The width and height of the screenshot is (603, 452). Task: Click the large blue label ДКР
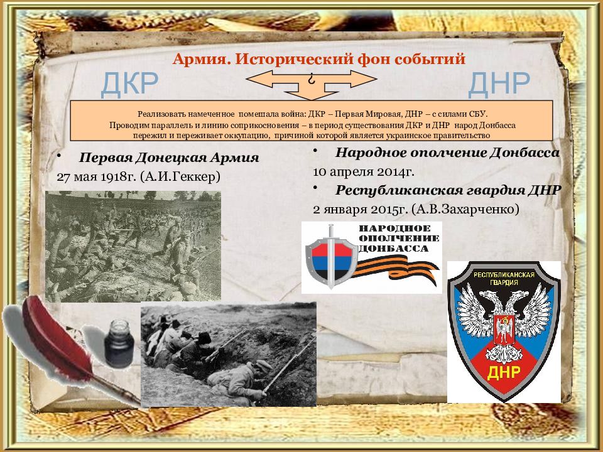130,83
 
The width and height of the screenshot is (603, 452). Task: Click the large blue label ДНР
500,83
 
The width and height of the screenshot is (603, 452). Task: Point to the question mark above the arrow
311,80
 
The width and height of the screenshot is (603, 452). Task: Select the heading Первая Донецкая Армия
169,157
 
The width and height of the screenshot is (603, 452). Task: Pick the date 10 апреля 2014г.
364,171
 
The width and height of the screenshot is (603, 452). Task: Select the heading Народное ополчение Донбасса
447,153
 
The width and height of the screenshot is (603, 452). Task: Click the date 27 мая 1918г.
97,176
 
